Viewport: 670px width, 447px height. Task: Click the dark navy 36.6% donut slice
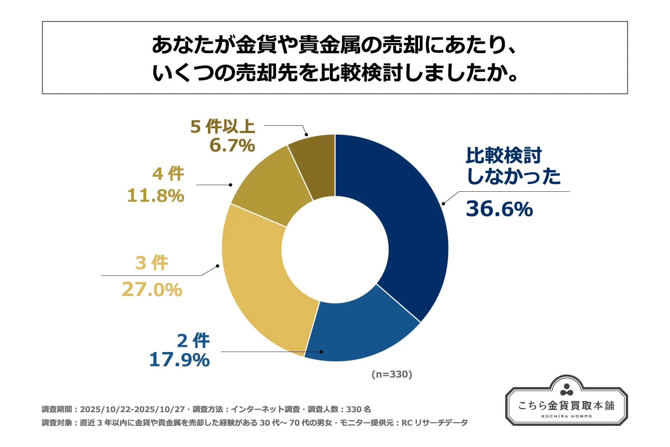(412, 223)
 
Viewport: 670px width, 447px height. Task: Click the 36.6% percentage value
(499, 209)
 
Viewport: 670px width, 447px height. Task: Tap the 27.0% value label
(152, 290)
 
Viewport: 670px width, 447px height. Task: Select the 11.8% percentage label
(155, 196)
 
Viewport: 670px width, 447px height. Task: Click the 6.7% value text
(232, 145)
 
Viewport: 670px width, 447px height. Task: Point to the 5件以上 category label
(223, 126)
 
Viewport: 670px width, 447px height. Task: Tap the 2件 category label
(193, 340)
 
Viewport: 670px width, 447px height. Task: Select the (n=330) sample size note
(392, 374)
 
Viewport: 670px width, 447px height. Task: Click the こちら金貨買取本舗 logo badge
(566, 402)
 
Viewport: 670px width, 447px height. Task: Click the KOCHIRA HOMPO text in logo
(566, 416)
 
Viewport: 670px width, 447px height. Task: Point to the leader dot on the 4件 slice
(230, 185)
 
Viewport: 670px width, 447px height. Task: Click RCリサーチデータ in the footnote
(434, 423)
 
